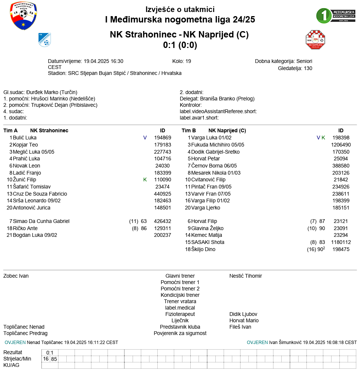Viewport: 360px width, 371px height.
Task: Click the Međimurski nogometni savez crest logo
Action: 23,16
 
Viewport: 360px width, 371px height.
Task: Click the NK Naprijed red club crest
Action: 315,40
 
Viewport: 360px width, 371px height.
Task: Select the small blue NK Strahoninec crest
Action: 45,39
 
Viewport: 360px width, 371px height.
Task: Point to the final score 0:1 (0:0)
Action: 180,45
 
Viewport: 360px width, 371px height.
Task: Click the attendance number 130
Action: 308,68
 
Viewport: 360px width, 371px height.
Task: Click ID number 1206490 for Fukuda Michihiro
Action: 341,145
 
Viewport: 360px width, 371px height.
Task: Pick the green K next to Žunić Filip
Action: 145,180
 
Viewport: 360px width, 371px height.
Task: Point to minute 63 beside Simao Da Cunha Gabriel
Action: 144,221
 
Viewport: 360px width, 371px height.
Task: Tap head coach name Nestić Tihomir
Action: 246,276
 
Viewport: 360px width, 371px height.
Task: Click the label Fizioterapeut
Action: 180,314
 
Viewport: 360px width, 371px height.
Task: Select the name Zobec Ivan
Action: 16,276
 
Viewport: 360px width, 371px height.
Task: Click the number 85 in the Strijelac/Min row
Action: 54,359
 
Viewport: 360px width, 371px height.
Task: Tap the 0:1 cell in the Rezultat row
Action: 50,353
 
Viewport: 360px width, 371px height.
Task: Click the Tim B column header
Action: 189,130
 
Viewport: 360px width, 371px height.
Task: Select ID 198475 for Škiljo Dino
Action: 341,249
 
